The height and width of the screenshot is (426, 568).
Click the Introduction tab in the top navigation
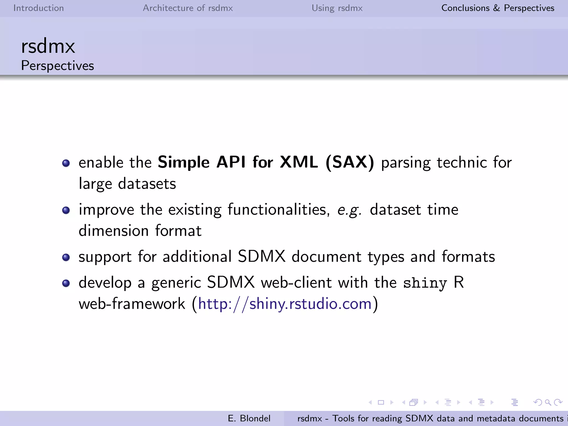click(39, 8)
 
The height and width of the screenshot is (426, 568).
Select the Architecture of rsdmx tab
click(188, 8)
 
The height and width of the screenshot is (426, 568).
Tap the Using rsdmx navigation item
click(337, 8)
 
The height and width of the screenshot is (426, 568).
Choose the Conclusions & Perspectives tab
click(498, 8)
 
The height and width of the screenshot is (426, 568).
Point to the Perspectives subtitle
click(57, 66)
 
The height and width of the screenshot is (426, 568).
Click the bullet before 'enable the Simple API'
click(66, 163)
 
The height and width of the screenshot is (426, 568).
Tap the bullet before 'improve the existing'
click(66, 210)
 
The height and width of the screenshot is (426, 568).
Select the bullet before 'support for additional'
click(66, 257)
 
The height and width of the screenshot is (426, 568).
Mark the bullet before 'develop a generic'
click(66, 283)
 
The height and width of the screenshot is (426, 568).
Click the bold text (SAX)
click(350, 162)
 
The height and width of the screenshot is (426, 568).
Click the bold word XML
click(299, 162)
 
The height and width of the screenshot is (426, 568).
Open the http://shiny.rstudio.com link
click(285, 304)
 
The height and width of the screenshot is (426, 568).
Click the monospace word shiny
click(425, 283)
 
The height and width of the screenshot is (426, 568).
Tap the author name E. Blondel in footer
click(249, 418)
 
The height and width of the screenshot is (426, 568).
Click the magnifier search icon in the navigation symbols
click(548, 402)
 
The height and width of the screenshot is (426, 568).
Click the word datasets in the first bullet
click(147, 184)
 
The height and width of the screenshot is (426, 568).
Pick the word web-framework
click(132, 304)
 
